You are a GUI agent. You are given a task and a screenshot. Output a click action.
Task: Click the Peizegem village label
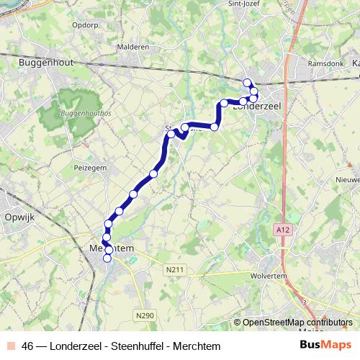[90, 166]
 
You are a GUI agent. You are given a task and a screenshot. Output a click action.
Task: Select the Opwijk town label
[20, 217]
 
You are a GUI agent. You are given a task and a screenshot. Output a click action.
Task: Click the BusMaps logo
[325, 345]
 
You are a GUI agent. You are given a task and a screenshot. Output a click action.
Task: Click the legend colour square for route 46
[12, 346]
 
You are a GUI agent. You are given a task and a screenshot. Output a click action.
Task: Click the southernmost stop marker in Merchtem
[108, 258]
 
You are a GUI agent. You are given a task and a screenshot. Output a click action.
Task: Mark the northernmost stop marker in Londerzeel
[247, 82]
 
